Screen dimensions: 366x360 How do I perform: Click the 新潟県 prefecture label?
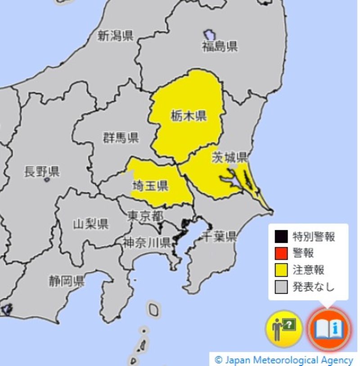(116, 36)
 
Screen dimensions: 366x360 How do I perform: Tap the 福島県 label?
(220, 46)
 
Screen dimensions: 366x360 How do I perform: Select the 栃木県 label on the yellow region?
(188, 116)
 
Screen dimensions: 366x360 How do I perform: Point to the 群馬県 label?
(121, 138)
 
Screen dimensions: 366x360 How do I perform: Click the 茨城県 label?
(230, 157)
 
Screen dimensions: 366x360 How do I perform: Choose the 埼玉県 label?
(150, 185)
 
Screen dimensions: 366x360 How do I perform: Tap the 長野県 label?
(41, 171)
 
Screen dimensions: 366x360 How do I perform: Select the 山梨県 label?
(91, 224)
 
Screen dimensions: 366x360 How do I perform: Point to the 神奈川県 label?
(146, 243)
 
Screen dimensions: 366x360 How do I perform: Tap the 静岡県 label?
(67, 282)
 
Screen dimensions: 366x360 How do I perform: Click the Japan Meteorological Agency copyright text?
(284, 360)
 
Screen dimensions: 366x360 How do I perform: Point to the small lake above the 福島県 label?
(209, 35)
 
